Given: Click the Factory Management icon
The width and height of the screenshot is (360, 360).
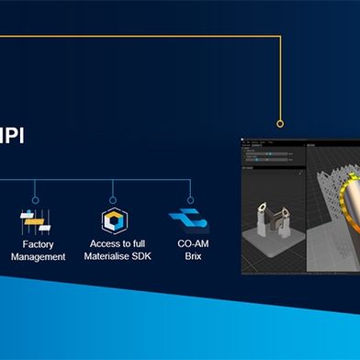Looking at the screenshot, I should coord(36,220).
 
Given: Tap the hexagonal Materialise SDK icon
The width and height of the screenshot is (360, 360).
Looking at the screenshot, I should coord(113,220).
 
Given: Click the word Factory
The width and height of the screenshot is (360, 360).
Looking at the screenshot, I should coord(38,244).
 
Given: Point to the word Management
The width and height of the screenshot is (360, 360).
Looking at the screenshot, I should coord(38,257).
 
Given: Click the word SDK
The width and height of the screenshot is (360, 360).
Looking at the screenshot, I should coord(139,257).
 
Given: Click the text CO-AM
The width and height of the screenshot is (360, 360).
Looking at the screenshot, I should coord(189,244).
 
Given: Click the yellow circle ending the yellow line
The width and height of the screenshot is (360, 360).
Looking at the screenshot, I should coord(280,123).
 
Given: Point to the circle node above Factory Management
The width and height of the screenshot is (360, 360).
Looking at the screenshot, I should coord(35,197).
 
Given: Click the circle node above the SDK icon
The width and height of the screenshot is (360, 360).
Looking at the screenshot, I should coord(113,197).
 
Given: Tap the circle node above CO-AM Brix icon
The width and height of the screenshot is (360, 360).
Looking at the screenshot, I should coord(190,197).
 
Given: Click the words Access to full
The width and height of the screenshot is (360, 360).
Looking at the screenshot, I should coord(115,244).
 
